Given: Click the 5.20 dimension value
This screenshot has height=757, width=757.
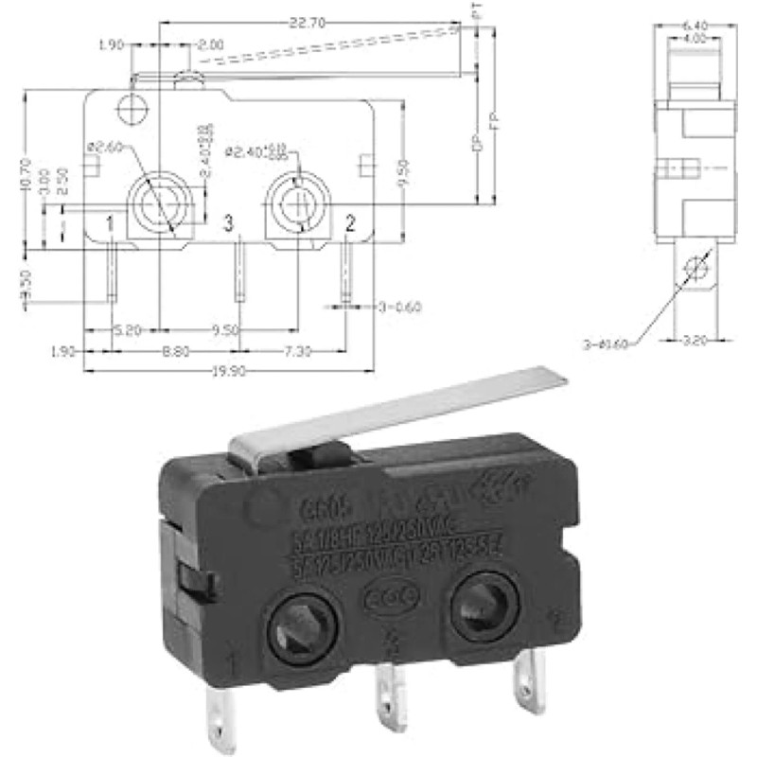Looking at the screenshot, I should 129,330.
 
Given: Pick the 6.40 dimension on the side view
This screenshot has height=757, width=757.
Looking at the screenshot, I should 695,26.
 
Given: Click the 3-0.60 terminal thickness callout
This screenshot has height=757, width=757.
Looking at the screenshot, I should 398,307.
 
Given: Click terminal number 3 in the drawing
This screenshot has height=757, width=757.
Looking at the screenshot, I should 227,223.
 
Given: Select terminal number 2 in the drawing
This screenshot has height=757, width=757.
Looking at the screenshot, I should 350,223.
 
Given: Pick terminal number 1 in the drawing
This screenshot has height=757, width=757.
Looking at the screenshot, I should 111,224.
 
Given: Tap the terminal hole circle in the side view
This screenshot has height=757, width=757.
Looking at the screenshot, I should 697,268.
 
